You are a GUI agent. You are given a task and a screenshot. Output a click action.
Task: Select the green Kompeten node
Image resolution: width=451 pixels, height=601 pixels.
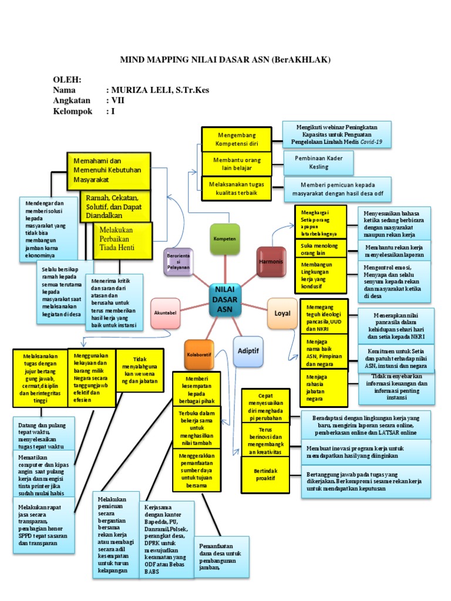pyautogui.click(x=225, y=239)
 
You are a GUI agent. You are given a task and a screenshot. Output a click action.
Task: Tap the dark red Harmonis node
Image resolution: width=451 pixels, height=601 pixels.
pyautogui.click(x=271, y=262)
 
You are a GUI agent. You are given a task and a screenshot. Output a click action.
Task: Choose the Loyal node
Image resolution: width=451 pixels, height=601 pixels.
pyautogui.click(x=282, y=312)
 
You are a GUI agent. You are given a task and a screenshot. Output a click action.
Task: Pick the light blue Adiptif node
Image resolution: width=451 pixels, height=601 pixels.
pyautogui.click(x=248, y=350)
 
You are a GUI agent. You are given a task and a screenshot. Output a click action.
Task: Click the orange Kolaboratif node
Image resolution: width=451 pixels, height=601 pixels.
pyautogui.click(x=198, y=354)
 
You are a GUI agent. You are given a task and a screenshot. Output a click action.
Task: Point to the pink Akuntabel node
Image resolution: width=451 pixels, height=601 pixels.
pyautogui.click(x=165, y=313)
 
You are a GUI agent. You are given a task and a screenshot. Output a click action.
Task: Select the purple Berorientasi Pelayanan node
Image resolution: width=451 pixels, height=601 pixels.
pyautogui.click(x=177, y=261)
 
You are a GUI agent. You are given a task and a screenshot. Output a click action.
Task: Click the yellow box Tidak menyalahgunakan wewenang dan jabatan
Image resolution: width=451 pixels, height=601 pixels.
pyautogui.click(x=138, y=370)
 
